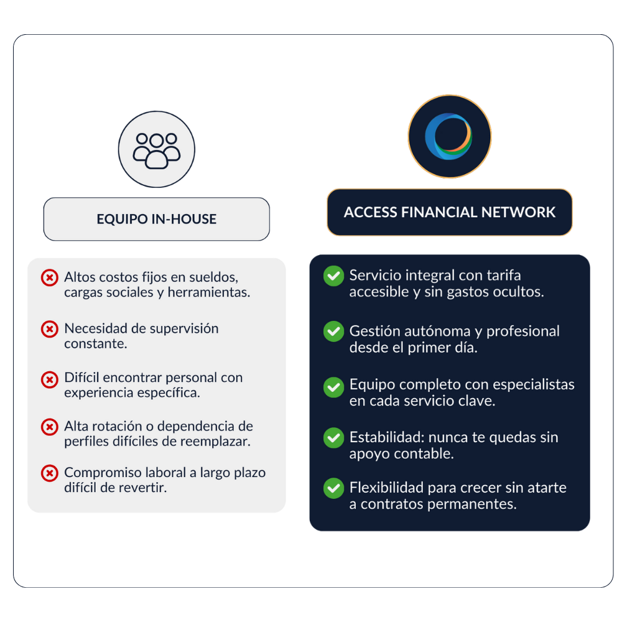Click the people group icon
157,149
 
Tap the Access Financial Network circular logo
449,137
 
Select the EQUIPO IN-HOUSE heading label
157,219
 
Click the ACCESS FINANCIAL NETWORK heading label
449,212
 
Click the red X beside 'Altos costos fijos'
49,277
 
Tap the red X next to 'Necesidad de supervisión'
49,329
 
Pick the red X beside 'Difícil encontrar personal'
49,379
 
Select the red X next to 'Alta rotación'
49,427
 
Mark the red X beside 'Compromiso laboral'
49,473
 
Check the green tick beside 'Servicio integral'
333,276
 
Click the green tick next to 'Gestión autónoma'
333,332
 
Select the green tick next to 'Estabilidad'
333,438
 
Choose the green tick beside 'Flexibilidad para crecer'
333,488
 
